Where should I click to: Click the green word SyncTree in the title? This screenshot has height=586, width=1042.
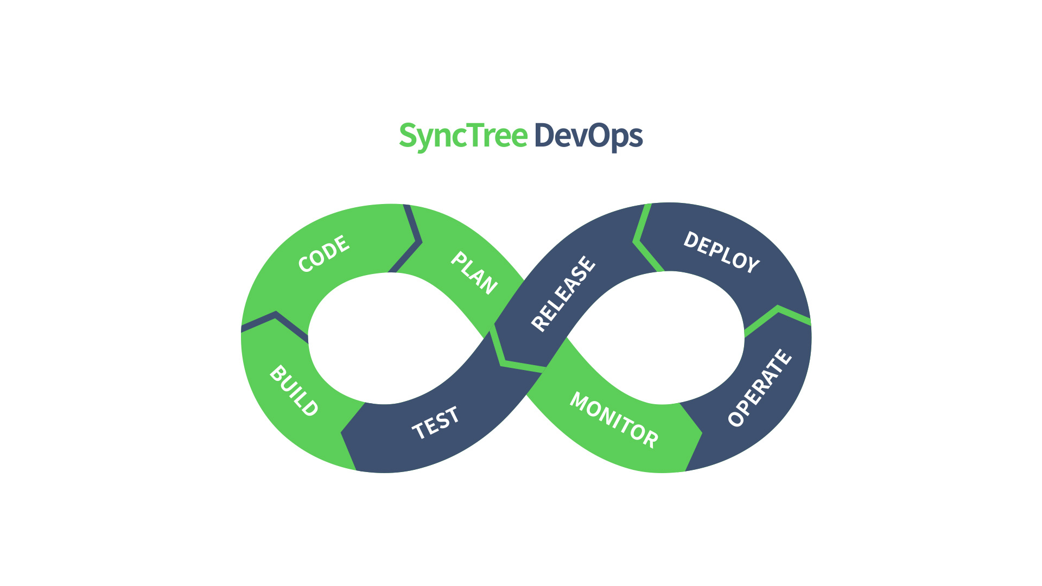pos(463,136)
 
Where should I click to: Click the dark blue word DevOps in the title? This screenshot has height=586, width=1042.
pos(589,136)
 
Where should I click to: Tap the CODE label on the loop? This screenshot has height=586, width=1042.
pos(324,253)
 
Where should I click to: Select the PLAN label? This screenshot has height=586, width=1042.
pos(474,273)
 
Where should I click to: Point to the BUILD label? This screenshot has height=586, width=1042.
pos(294,391)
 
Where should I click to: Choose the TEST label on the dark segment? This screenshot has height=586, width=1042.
pos(436,423)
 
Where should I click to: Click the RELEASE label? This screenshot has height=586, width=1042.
pos(563,293)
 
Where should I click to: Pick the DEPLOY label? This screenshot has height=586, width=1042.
pos(721,252)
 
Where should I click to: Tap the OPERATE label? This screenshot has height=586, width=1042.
pos(760,387)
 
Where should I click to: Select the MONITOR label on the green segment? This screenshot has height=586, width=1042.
pos(614,419)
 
